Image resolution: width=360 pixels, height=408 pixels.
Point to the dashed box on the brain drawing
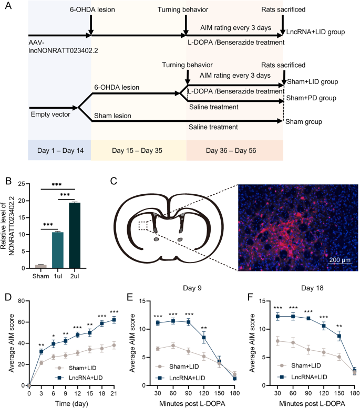[140, 225]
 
